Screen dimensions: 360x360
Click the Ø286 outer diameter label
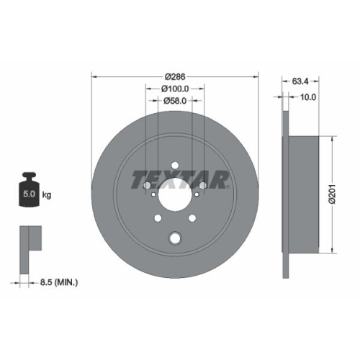pos(176,76)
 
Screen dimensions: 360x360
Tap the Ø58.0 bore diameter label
pos(176,101)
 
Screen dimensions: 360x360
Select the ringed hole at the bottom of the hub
pos(175,238)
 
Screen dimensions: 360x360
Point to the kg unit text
pos(48,194)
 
